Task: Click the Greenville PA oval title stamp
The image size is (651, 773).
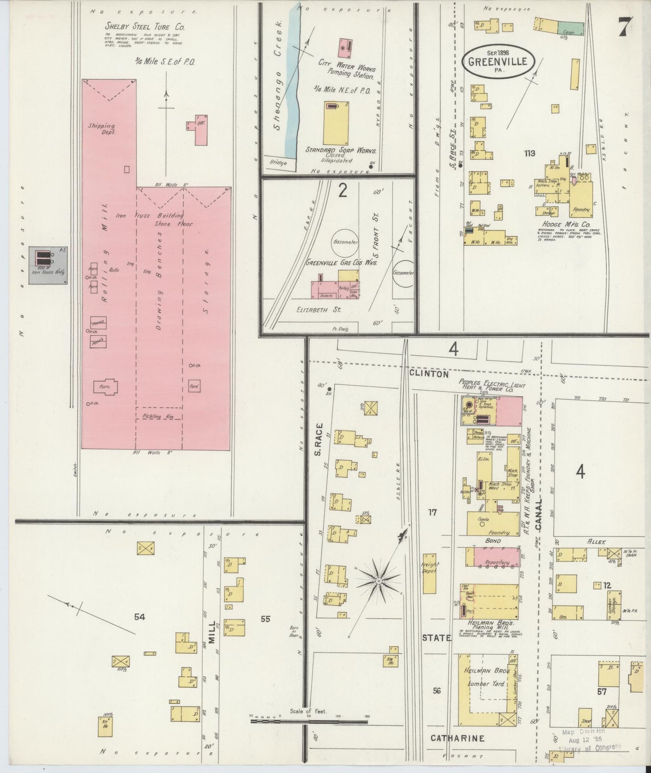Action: point(498,63)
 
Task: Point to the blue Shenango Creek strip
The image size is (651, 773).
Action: point(288,81)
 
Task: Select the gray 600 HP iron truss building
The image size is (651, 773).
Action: point(48,265)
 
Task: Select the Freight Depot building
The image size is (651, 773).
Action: point(430,573)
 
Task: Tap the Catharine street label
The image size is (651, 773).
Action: point(457,738)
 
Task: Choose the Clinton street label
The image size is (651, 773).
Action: point(429,374)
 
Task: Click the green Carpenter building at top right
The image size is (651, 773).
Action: point(570,28)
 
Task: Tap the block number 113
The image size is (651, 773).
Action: point(529,153)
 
